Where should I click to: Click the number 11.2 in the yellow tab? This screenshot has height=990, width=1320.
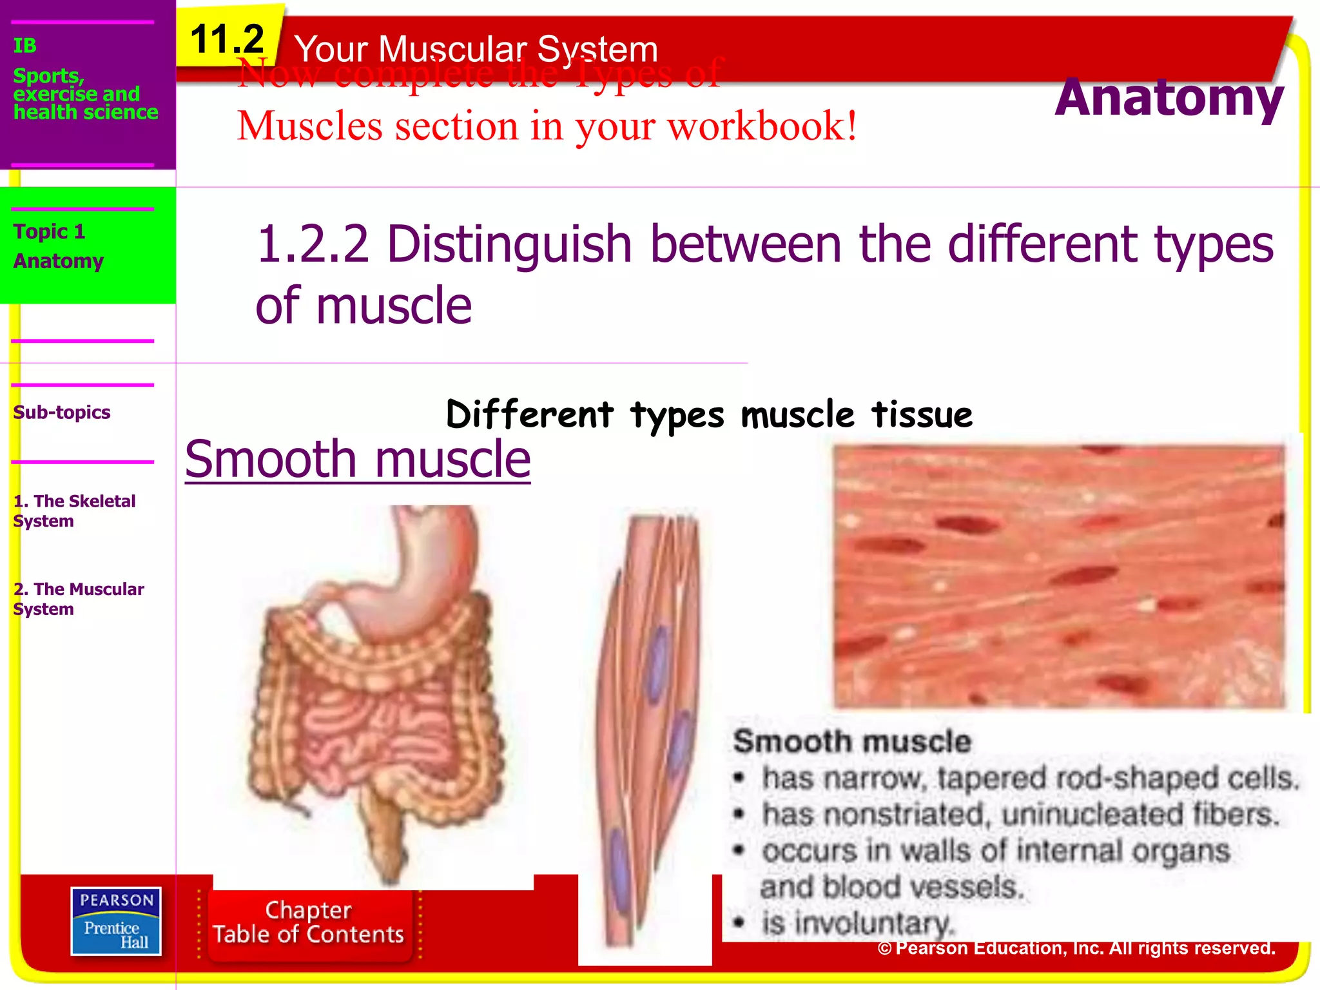227,40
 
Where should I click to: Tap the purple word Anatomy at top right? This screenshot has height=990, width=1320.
1169,98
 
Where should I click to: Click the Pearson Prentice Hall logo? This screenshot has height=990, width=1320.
116,920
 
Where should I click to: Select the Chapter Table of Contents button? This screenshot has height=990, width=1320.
309,922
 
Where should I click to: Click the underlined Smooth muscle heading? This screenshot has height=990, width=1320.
358,460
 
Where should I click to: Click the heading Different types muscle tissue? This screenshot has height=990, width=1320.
709,414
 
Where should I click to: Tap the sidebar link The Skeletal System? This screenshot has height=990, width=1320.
74,510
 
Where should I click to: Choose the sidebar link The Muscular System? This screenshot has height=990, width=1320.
79,599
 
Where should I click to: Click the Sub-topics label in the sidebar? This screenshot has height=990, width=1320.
62,412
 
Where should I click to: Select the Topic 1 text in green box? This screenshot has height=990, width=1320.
49,231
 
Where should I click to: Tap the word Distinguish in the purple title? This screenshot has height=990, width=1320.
509,245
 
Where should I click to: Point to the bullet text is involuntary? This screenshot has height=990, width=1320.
857,923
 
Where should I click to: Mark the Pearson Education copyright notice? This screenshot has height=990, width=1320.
1076,948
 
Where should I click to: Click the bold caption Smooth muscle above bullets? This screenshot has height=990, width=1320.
852,742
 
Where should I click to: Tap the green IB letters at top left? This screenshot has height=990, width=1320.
24,46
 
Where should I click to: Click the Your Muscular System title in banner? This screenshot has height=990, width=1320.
476,49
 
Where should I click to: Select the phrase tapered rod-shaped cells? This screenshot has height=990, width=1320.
1118,779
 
